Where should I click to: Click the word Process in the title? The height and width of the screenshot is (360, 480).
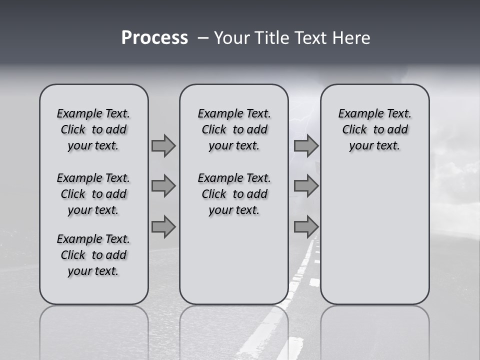(154, 38)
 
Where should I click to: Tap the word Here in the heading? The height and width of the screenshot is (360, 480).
(350, 38)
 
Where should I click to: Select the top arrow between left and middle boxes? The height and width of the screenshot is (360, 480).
(163, 146)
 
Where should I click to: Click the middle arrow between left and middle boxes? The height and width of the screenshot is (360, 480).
(163, 186)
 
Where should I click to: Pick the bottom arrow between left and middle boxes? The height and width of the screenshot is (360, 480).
(163, 227)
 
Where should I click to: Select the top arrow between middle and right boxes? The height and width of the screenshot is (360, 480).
(306, 146)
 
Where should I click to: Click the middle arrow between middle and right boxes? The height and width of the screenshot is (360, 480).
(306, 186)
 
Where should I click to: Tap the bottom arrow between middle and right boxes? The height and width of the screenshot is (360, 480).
(306, 227)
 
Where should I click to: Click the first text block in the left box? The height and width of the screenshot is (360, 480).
(93, 129)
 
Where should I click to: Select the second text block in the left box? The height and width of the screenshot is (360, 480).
(93, 194)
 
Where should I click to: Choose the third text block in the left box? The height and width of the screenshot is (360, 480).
(93, 255)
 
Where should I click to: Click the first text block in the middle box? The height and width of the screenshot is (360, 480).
(234, 129)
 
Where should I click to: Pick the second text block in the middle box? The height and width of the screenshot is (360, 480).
(234, 194)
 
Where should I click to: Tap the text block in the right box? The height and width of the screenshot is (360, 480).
(375, 129)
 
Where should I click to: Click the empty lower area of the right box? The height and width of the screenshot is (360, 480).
(375, 235)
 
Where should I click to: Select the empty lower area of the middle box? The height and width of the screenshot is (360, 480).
(234, 260)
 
